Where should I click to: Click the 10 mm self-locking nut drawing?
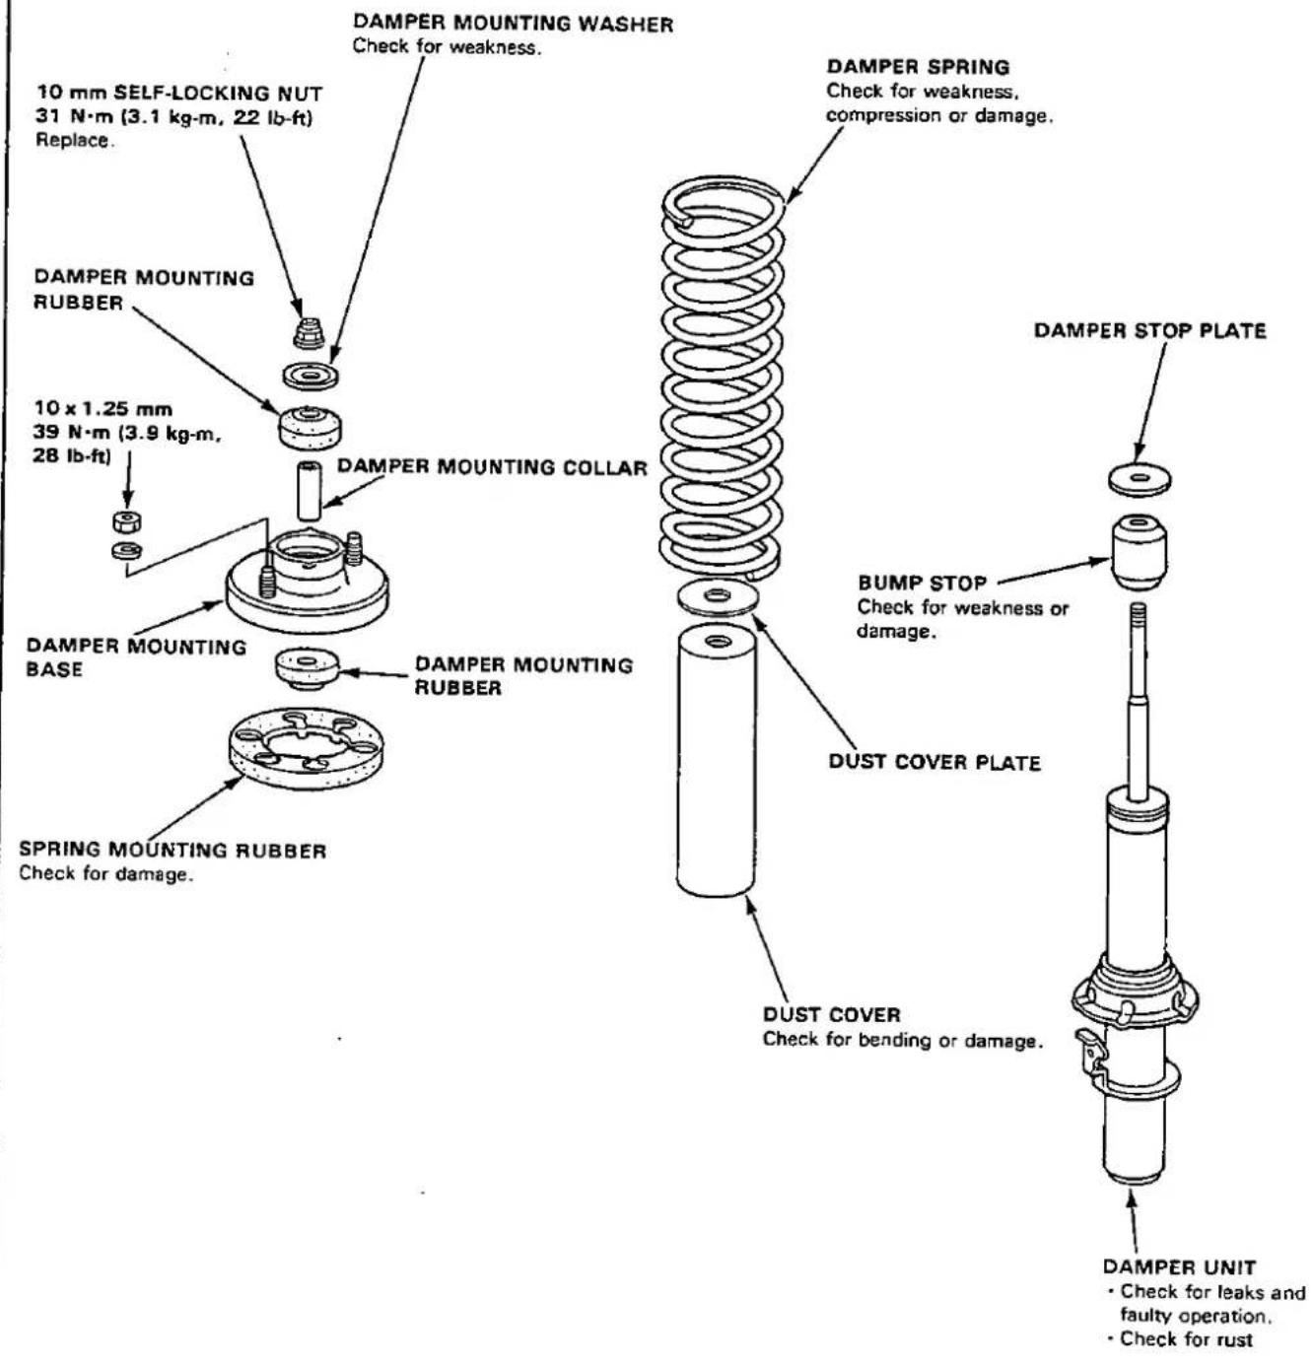(309, 333)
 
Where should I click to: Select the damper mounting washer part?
(311, 376)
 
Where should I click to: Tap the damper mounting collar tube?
(309, 491)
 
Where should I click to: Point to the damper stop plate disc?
(1140, 479)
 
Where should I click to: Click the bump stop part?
(1140, 553)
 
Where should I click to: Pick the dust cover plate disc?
(718, 597)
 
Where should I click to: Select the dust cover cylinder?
(716, 760)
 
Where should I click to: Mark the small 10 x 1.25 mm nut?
(127, 521)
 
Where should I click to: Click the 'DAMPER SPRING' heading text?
(918, 67)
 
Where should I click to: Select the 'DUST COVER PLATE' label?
(934, 762)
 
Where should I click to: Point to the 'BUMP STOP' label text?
(923, 582)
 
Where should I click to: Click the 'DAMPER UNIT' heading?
(1179, 1267)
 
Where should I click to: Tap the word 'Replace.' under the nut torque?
(74, 140)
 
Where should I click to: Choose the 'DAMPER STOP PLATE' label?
(1149, 330)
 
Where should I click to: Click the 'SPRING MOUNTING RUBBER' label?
(173, 851)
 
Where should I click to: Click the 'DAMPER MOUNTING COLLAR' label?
(492, 467)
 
